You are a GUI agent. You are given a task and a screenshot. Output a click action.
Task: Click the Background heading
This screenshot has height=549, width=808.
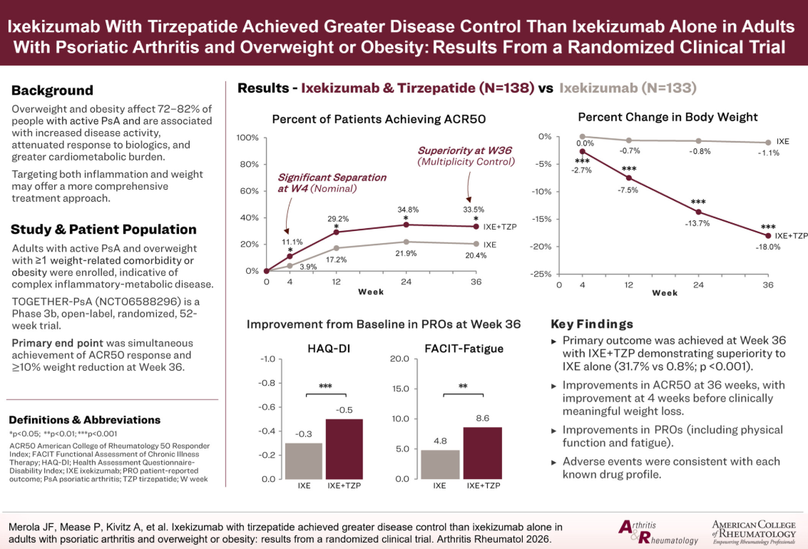tap(52, 91)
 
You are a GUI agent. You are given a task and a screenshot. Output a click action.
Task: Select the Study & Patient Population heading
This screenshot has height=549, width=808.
tap(103, 230)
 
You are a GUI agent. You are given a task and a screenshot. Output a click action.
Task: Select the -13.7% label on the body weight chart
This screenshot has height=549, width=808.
tap(699, 223)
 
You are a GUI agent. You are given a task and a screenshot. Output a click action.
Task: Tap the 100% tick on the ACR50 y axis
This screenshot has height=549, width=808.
tap(247, 137)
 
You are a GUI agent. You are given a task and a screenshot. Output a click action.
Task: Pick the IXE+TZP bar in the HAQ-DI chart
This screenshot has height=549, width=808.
tap(344, 448)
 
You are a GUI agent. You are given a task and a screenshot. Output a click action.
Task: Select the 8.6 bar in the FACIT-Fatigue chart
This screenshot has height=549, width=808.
tap(482, 453)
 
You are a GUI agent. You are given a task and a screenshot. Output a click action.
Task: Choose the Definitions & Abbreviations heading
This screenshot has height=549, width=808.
tap(85, 420)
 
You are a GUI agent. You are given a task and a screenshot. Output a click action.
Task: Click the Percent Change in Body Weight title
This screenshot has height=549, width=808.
tap(668, 117)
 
